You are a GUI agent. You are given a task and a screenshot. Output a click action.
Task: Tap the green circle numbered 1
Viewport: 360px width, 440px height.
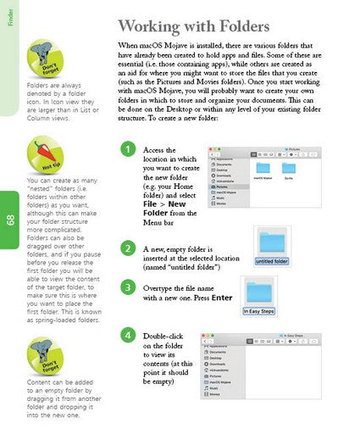click(127, 151)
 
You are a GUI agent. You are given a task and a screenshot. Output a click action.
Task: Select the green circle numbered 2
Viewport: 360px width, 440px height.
click(127, 248)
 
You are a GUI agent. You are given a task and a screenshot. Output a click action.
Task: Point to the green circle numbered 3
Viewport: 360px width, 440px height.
click(127, 287)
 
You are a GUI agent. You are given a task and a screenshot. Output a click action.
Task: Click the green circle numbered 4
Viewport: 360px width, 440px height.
click(127, 336)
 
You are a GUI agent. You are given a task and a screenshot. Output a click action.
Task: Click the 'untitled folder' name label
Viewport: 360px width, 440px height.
click(273, 261)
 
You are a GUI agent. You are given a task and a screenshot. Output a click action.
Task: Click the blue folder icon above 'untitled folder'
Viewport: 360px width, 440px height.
click(273, 242)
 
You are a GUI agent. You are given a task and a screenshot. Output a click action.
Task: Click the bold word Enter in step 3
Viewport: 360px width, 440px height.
click(222, 298)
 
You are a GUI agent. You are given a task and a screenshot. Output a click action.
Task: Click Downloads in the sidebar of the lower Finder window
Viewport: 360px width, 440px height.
click(222, 365)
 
